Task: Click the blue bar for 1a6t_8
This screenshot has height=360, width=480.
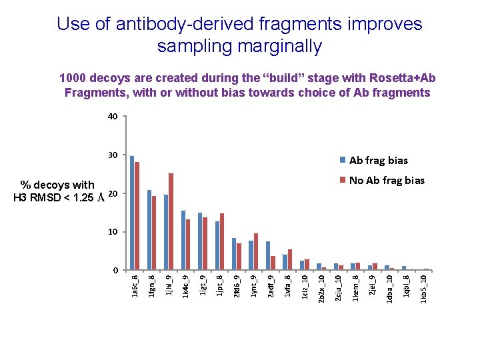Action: click(132, 213)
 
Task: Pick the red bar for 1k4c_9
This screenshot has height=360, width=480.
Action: click(188, 245)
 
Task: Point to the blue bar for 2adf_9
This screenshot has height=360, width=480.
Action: click(268, 256)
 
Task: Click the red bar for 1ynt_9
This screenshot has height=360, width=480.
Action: click(256, 252)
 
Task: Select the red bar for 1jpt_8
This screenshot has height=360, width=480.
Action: click(222, 242)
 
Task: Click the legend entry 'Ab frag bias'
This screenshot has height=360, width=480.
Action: click(378, 160)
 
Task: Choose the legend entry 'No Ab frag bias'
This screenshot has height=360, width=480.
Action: click(387, 180)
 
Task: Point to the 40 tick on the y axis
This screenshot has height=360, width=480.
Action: click(113, 117)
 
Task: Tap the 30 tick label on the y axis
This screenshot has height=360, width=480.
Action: click(113, 155)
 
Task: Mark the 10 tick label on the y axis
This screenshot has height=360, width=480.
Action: click(113, 232)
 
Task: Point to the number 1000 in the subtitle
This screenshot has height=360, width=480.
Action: click(73, 78)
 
